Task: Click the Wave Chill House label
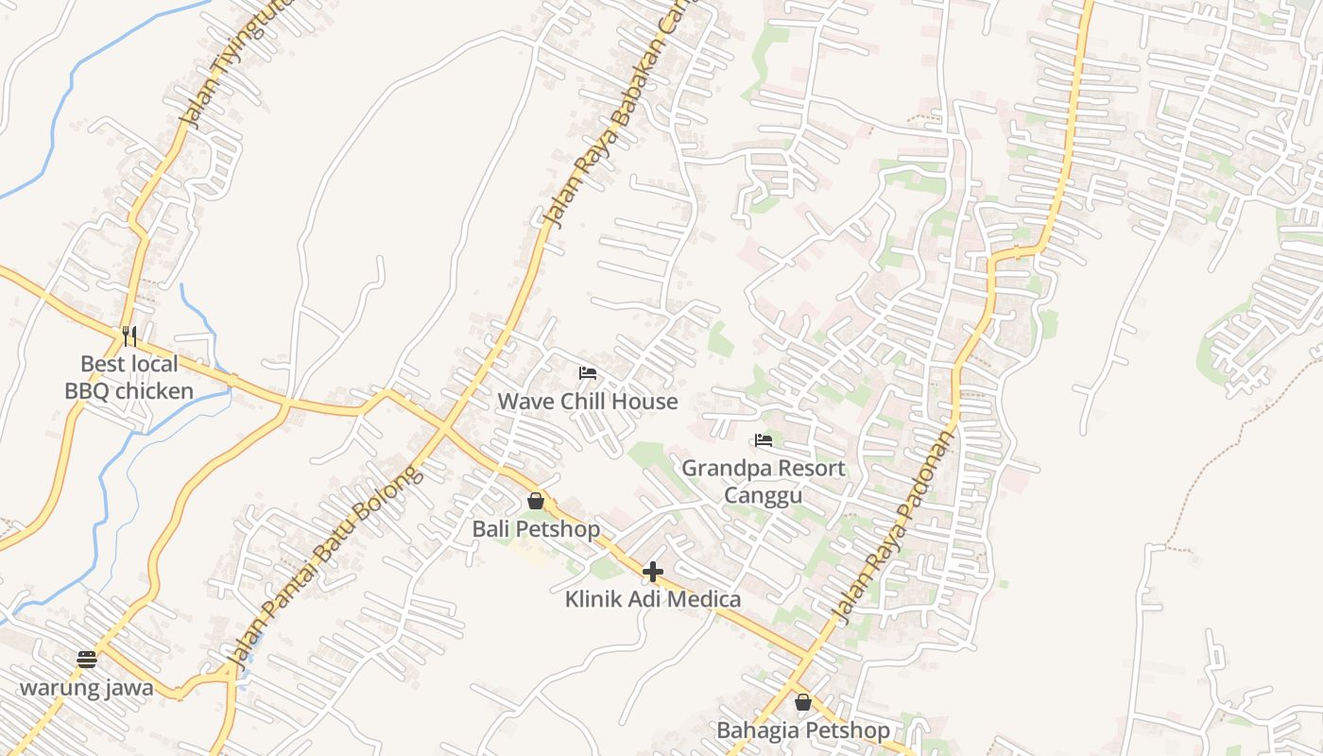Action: [588, 402]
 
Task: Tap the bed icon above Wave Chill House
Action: [588, 373]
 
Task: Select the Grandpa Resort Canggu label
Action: [764, 481]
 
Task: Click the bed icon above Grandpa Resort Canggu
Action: [764, 440]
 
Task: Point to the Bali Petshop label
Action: [536, 529]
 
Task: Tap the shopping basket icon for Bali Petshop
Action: [536, 501]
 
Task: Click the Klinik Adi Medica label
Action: [653, 599]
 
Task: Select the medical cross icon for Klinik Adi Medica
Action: [653, 572]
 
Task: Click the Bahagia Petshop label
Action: [803, 730]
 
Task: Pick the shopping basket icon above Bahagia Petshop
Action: [803, 702]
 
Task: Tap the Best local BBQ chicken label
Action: [129, 377]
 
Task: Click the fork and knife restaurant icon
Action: [129, 335]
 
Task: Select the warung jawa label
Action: [87, 687]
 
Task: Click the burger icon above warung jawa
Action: [87, 659]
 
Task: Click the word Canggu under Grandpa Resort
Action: [764, 495]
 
